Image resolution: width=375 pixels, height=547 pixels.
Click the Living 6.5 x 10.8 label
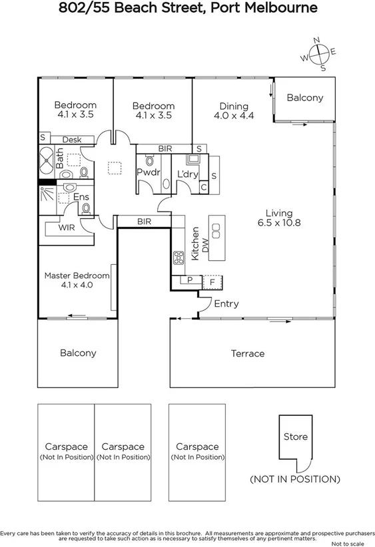278,218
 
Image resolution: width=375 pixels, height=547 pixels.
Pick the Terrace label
248,353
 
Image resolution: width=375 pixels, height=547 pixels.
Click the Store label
296,437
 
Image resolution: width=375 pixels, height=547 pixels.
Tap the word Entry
226,304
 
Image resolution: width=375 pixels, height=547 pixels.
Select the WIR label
67,228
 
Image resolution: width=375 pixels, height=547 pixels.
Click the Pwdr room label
147,173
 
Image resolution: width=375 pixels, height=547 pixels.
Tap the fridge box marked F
212,282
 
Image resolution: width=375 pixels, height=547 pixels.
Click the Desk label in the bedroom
71,140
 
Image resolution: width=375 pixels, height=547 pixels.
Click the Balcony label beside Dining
304,98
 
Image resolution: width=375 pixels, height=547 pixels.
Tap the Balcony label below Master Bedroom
78,353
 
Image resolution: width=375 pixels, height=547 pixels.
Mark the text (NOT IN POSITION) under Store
294,478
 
